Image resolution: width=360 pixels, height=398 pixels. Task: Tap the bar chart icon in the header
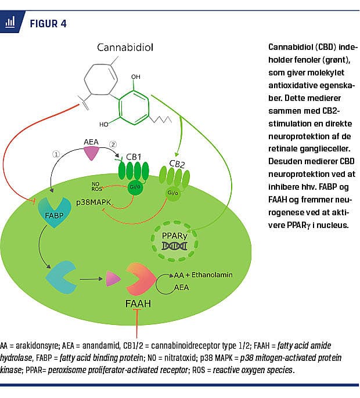coord(10,23)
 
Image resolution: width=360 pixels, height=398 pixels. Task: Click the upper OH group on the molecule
coord(136,77)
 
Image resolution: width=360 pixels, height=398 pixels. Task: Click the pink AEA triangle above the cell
coord(92,153)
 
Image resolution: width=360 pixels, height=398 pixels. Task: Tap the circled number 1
coord(56,155)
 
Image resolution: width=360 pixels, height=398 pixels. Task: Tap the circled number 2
coord(113,144)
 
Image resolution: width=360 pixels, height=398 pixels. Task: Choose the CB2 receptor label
coord(177,164)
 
